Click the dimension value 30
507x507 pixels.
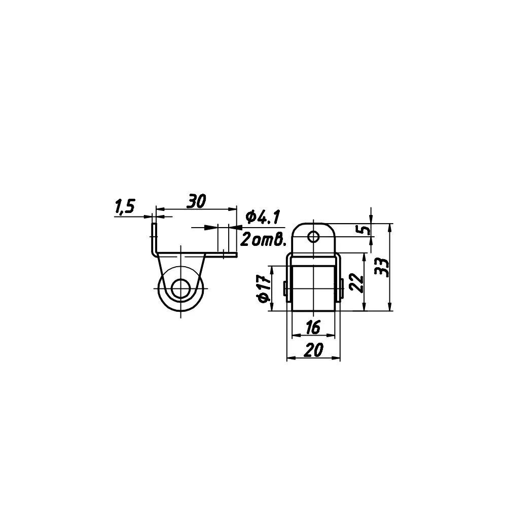(196, 201)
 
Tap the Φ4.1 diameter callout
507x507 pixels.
(262, 217)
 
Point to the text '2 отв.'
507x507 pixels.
(264, 240)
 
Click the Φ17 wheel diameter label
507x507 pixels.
(264, 288)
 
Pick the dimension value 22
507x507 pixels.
(356, 283)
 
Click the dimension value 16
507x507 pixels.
(313, 328)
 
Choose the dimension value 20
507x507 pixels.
(313, 350)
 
